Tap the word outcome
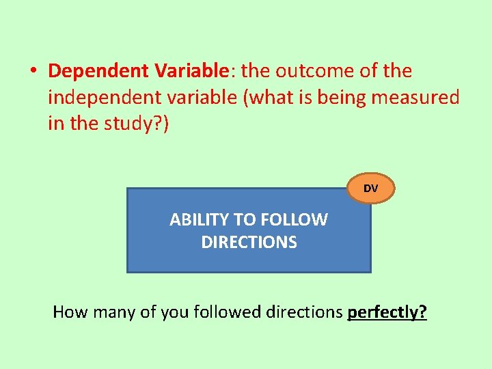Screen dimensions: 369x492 coord(314,71)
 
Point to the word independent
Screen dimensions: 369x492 coord(103,98)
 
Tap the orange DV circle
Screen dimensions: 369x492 coord(370,188)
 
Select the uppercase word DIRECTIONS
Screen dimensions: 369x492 coord(249,243)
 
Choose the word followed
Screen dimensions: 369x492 coord(226,312)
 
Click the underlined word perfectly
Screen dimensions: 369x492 coord(387,312)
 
